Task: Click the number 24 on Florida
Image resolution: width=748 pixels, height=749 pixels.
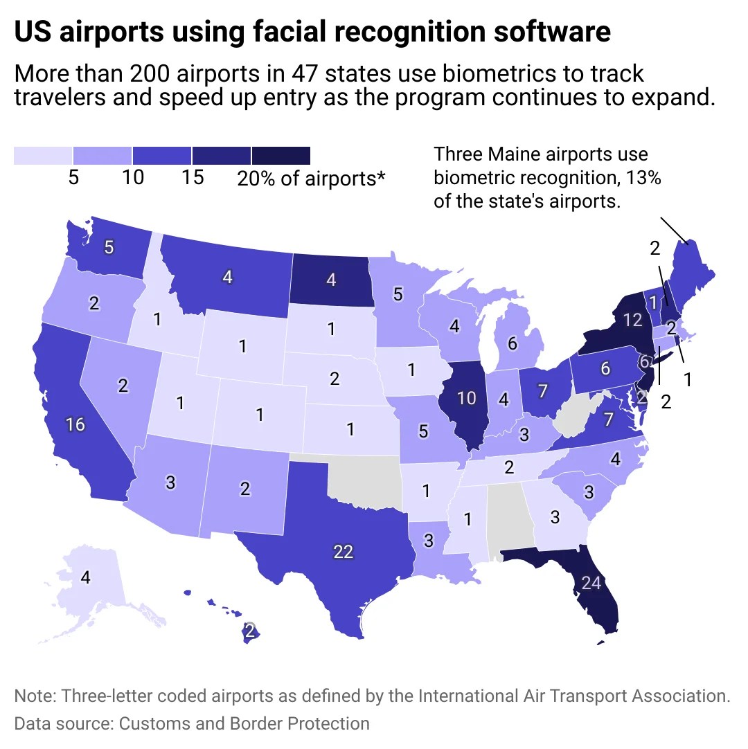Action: pyautogui.click(x=591, y=584)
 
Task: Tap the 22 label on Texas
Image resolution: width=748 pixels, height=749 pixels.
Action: pyautogui.click(x=344, y=552)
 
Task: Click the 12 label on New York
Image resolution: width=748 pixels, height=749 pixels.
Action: pyautogui.click(x=632, y=320)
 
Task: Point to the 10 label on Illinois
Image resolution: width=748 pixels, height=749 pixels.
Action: pyautogui.click(x=467, y=397)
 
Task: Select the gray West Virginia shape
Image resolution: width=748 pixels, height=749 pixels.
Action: pyautogui.click(x=573, y=415)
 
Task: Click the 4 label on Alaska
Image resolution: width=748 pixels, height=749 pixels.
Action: pyautogui.click(x=85, y=577)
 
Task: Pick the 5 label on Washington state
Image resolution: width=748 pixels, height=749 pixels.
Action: pyautogui.click(x=109, y=246)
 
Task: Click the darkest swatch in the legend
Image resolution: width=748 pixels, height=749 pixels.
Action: pyautogui.click(x=280, y=156)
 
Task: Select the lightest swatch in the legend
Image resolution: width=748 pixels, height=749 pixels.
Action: pyautogui.click(x=43, y=156)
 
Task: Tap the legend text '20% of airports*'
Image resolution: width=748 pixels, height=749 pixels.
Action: pyautogui.click(x=311, y=179)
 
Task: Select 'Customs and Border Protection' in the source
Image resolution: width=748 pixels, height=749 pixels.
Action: pyautogui.click(x=244, y=723)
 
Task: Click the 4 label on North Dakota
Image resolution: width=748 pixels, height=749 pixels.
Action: pyautogui.click(x=331, y=280)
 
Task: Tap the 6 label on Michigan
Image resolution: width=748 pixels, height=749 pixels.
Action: pyautogui.click(x=512, y=343)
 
